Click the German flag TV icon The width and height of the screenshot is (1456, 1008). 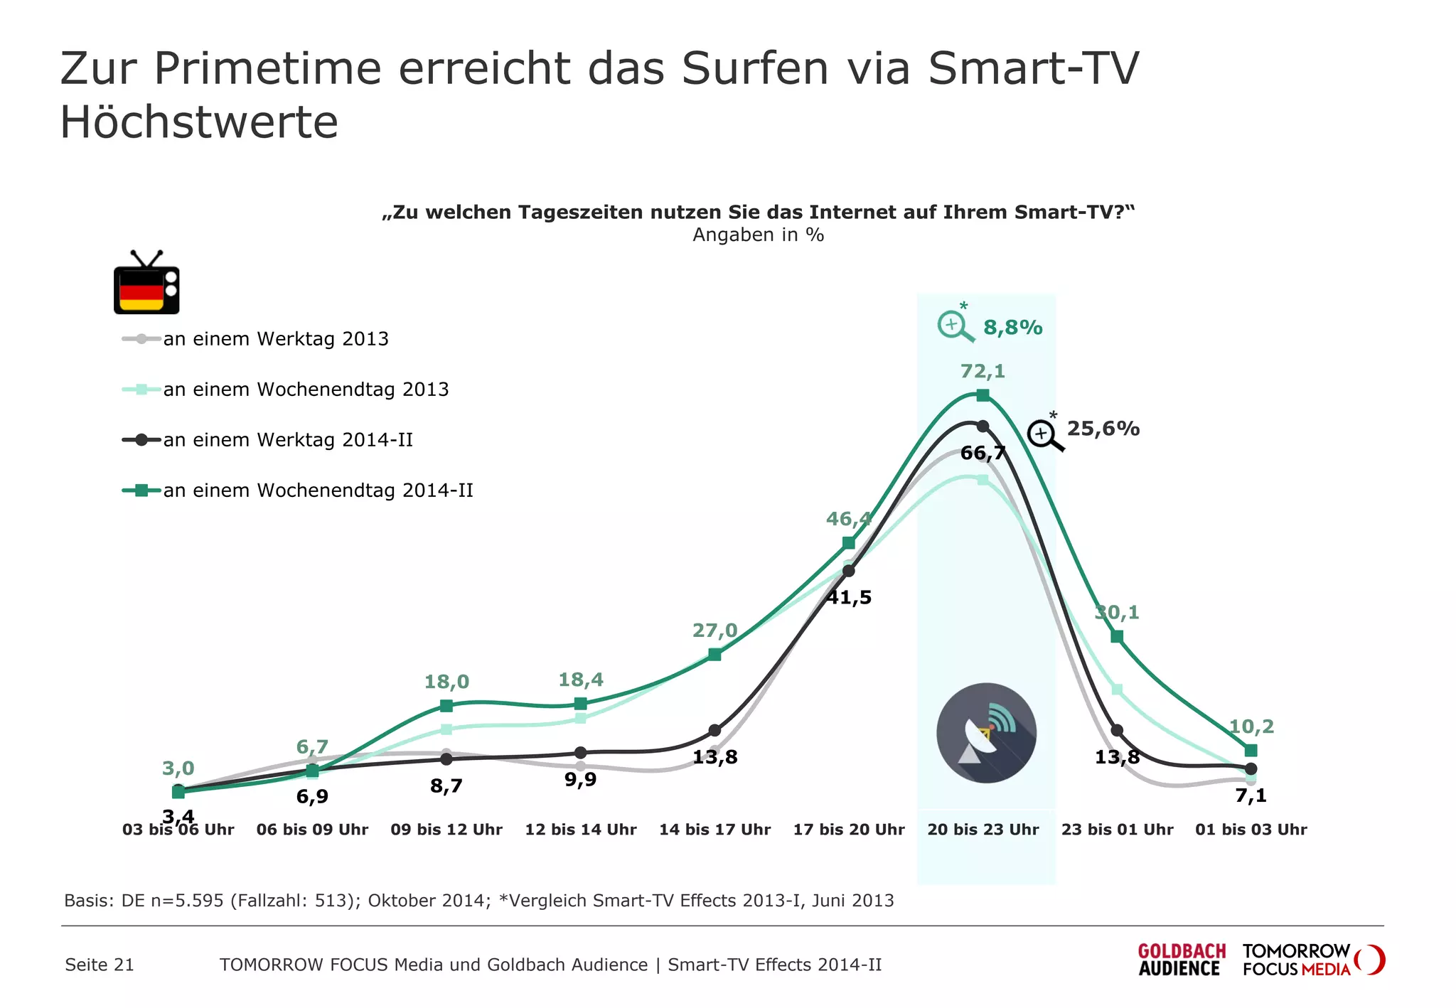[146, 284]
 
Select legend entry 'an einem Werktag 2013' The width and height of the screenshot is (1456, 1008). [276, 339]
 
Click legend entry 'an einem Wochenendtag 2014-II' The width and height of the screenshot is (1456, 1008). [318, 490]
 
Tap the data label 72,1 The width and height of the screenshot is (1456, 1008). [983, 371]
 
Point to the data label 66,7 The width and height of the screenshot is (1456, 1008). [983, 453]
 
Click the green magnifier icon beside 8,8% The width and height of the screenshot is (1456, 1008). [955, 326]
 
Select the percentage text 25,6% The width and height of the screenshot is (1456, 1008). [1103, 429]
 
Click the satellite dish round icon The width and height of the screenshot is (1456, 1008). [986, 733]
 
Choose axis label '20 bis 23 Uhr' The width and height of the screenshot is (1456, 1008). [983, 830]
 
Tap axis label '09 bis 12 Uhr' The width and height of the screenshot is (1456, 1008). [446, 830]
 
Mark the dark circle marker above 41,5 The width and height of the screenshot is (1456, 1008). [848, 570]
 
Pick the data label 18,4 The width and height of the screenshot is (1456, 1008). [580, 680]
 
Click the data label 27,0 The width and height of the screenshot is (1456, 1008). [714, 631]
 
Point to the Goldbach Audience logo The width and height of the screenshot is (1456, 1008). [1181, 960]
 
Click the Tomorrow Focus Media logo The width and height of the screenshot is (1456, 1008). [1312, 960]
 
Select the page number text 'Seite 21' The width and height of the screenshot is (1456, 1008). [100, 965]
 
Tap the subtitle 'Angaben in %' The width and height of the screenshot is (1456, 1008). [758, 235]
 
